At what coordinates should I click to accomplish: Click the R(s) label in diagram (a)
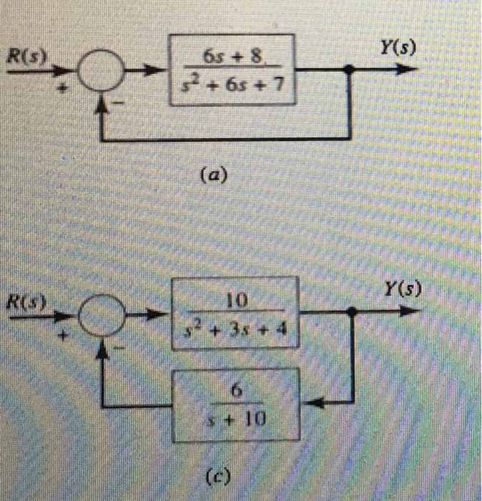(24, 57)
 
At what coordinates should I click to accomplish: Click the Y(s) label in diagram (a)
(398, 48)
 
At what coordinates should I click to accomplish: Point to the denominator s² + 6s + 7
(234, 86)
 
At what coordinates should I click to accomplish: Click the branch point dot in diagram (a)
(350, 72)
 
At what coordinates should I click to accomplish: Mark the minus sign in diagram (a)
(122, 105)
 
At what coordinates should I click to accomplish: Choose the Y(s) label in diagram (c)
(401, 291)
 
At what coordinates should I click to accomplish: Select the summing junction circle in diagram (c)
(101, 314)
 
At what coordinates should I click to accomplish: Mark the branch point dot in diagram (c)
(352, 313)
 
